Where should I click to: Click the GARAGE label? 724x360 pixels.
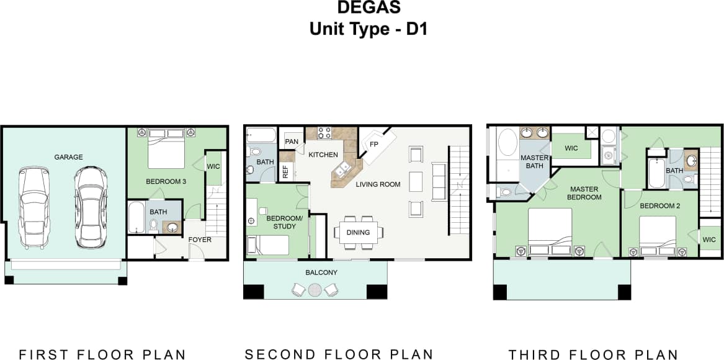click(x=68, y=157)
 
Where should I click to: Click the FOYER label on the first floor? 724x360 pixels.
click(x=200, y=240)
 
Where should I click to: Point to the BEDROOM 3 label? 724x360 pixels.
click(x=166, y=182)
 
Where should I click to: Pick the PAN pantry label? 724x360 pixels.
click(x=291, y=142)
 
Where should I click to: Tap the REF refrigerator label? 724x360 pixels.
click(x=285, y=172)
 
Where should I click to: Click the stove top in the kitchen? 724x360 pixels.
click(x=324, y=132)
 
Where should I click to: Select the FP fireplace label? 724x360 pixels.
click(x=374, y=145)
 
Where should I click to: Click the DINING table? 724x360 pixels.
click(x=358, y=233)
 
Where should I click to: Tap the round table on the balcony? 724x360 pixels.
click(x=315, y=289)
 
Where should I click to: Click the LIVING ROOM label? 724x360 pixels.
click(x=378, y=184)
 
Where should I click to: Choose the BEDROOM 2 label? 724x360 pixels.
click(x=660, y=205)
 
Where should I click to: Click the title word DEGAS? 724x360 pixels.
click(x=369, y=8)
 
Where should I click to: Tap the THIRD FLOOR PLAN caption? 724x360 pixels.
click(x=593, y=354)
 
